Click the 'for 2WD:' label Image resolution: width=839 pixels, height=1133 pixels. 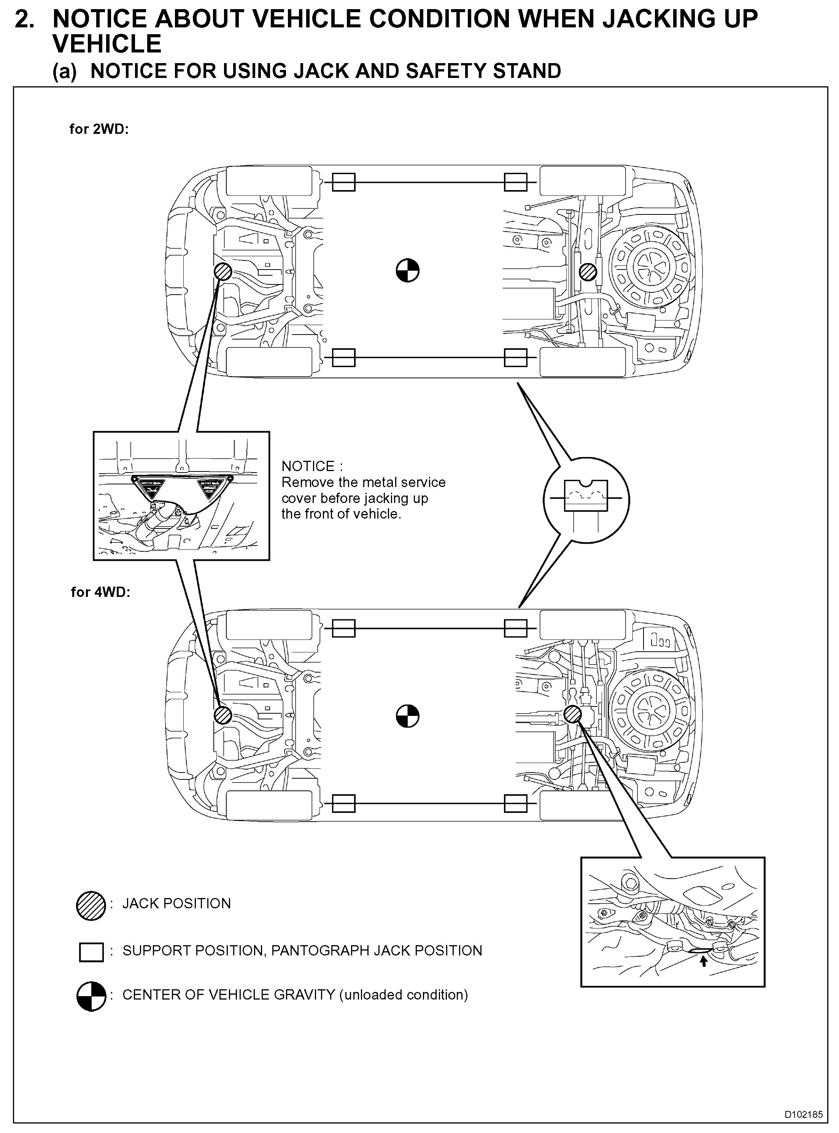pyautogui.click(x=99, y=129)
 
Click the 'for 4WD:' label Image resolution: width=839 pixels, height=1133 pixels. pyautogui.click(x=100, y=592)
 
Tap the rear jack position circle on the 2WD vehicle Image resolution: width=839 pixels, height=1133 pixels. pyautogui.click(x=589, y=271)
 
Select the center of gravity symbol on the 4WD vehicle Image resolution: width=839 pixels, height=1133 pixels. pyautogui.click(x=407, y=716)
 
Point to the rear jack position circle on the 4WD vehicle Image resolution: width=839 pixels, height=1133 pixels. pyautogui.click(x=573, y=714)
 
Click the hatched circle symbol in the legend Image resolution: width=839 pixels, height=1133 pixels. pyautogui.click(x=91, y=906)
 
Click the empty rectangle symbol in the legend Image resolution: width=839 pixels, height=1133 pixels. pyautogui.click(x=91, y=952)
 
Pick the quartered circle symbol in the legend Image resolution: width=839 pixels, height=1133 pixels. pyautogui.click(x=91, y=997)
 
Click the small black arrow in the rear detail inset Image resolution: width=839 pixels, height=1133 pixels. pyautogui.click(x=703, y=961)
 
